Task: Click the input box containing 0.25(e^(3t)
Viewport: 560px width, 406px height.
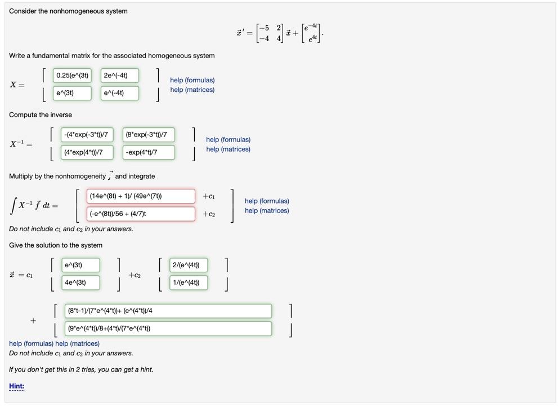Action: (72, 76)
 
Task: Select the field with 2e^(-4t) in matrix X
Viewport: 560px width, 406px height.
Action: (119, 76)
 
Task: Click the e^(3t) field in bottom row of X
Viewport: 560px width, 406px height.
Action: (72, 93)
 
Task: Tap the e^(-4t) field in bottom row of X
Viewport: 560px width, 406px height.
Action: (119, 93)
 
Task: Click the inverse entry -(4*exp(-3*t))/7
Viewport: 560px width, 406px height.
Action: (87, 135)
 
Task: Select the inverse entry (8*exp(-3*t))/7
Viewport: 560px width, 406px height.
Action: (149, 135)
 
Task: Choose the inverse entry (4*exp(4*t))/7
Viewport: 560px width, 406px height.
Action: (87, 152)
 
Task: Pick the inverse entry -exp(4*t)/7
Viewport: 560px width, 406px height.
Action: (149, 152)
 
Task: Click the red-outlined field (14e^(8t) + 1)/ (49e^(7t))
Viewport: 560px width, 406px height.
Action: (141, 196)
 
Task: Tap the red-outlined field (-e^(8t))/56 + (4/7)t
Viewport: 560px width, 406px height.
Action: (141, 214)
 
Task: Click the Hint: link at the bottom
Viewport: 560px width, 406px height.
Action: (16, 386)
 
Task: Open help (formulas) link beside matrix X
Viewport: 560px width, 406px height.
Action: (192, 80)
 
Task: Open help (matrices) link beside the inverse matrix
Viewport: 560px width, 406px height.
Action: (228, 149)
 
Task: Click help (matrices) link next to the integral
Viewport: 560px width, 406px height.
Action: (267, 211)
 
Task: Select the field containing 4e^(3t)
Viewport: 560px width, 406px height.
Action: (80, 283)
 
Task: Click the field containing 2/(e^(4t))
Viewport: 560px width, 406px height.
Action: (189, 265)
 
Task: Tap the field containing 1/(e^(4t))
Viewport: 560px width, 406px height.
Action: (189, 283)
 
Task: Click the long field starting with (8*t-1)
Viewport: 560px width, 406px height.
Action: (168, 311)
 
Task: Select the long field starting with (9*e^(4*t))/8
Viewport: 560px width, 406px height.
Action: (168, 328)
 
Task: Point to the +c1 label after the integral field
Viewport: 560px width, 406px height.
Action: (209, 196)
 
